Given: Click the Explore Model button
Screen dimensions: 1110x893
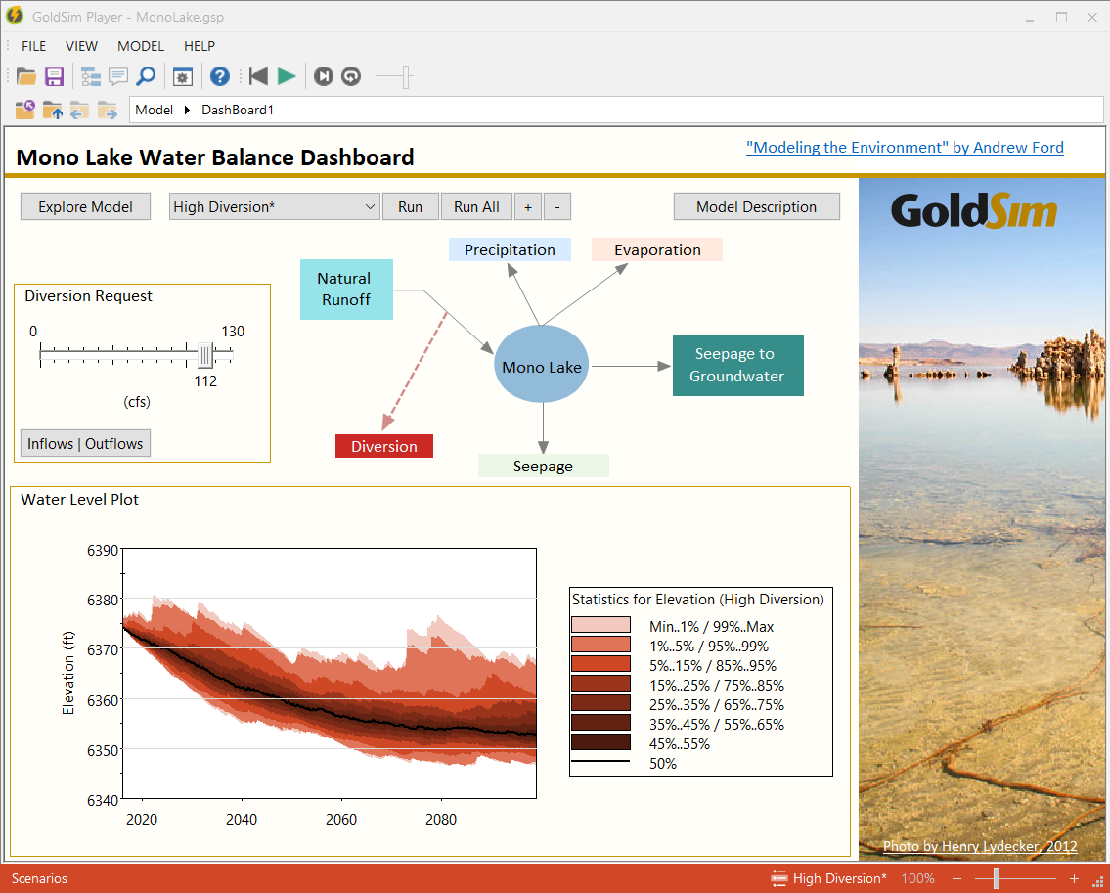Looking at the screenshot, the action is coord(85,206).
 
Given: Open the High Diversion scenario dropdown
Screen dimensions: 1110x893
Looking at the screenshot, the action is coord(274,206).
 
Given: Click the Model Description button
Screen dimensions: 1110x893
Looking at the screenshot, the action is coord(756,206).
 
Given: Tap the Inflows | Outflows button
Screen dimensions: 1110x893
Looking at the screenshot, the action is coord(85,443).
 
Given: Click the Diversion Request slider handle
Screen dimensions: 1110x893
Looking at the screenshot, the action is coord(205,354).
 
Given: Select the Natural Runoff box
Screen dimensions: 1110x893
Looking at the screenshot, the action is coord(346,289).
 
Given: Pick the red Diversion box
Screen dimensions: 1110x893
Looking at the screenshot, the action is coord(383,446).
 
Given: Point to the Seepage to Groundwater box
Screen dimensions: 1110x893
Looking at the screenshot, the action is coord(737,366).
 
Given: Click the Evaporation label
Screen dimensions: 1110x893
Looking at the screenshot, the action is coord(657,250).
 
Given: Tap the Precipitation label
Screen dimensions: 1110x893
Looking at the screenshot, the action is coord(510,250).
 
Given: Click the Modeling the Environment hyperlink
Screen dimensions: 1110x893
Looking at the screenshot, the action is coord(905,148).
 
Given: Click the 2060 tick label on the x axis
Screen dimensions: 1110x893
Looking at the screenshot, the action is coord(341,820).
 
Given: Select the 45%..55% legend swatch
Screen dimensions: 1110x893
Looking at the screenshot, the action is coord(600,743).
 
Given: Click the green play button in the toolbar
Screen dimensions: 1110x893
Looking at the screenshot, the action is coord(287,76).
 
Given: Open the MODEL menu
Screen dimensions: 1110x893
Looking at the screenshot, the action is coord(141,46).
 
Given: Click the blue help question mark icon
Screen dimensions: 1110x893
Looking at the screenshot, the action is coord(219,76).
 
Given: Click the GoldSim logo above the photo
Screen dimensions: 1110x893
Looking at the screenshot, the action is coord(973,211).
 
